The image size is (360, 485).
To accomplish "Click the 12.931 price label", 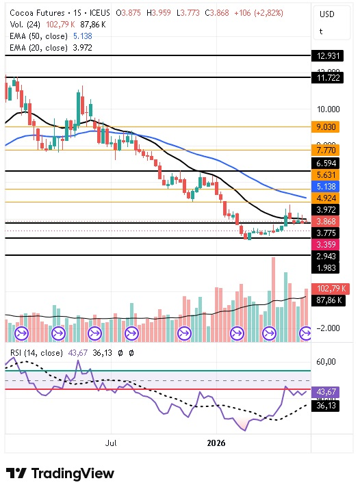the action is pos(328,56).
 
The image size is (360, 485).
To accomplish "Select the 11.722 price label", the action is pos(328,77).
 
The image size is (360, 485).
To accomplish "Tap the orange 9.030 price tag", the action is pos(325,127).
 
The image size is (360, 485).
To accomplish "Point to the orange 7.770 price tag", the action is pos(325,150).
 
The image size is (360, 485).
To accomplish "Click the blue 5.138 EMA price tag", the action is pos(325,187).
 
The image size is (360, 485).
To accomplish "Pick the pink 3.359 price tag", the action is pos(325,245).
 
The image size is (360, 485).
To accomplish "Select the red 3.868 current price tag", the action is pos(325,222).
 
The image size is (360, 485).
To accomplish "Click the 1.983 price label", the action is pos(325,268).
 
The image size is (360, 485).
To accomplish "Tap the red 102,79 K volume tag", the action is pos(331,289).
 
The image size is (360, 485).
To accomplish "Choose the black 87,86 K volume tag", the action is pos(329,300).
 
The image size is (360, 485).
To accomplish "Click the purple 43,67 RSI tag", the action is pos(325,392).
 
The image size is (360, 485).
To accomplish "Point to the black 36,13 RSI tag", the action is pos(325,405).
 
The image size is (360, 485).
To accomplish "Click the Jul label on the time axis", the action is pos(111,443).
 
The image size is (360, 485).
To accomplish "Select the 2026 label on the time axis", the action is pos(216,443).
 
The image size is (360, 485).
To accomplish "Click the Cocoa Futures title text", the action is pos(37,13).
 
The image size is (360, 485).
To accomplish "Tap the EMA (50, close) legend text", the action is pos(39,36).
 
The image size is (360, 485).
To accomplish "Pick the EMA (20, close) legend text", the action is pos(39,48).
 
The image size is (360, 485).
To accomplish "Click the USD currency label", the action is pos(327,14).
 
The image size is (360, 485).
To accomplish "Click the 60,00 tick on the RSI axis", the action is pos(326,362).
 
